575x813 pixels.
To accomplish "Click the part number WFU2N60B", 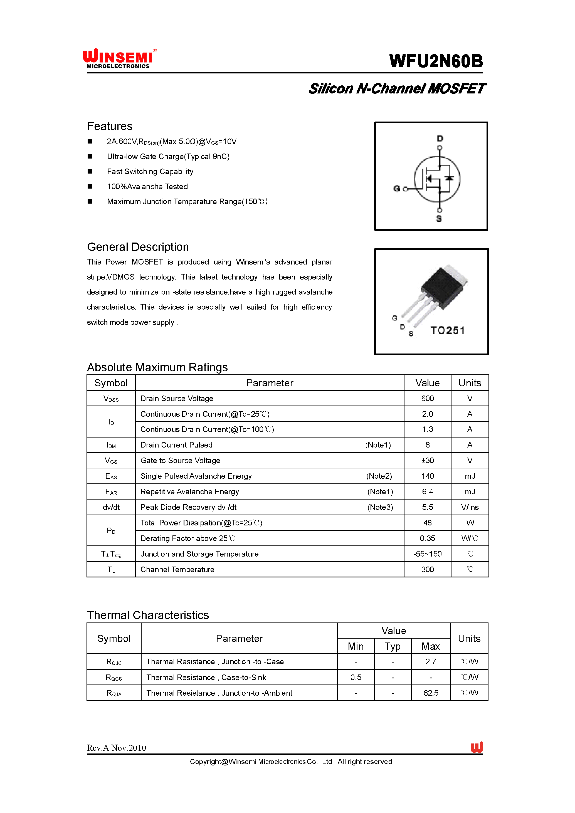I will click(436, 61).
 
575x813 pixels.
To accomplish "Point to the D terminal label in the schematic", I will click(440, 138).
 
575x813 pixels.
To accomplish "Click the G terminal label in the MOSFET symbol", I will click(397, 189).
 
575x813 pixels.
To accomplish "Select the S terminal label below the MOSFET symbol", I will click(439, 219).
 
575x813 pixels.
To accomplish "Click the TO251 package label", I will click(447, 330).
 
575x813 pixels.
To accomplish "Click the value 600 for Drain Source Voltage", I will click(427, 398).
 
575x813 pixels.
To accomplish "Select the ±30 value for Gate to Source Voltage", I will click(427, 460).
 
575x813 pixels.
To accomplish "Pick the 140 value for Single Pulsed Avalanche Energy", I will click(427, 476).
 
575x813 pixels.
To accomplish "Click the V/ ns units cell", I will click(470, 507).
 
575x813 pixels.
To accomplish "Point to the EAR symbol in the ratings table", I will click(111, 492).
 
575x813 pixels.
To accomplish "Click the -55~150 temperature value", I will click(427, 554).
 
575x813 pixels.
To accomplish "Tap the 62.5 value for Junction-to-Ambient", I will click(431, 693).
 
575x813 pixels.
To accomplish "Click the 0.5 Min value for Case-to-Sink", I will click(356, 677).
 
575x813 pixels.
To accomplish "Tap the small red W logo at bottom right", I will click(477, 747).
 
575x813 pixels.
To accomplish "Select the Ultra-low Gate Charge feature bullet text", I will click(168, 157).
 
